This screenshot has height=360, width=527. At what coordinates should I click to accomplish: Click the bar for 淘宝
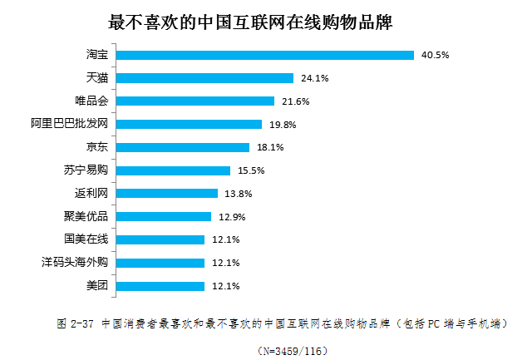pyautogui.click(x=264, y=56)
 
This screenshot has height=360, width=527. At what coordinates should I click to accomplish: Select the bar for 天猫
pyautogui.click(x=204, y=78)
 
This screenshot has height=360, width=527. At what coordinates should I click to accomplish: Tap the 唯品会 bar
pyautogui.click(x=195, y=101)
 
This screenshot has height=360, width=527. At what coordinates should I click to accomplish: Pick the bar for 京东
pyautogui.click(x=182, y=147)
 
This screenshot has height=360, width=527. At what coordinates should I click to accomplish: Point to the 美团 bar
pyautogui.click(x=160, y=286)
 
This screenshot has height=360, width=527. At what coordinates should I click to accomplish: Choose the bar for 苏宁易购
pyautogui.click(x=172, y=170)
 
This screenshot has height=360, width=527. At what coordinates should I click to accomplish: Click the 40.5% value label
pyautogui.click(x=436, y=56)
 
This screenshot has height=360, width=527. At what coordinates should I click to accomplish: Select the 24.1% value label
pyautogui.click(x=314, y=79)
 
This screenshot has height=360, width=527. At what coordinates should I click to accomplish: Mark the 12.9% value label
pyautogui.click(x=232, y=217)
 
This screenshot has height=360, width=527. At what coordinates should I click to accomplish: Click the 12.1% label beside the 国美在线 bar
pyautogui.click(x=226, y=240)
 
